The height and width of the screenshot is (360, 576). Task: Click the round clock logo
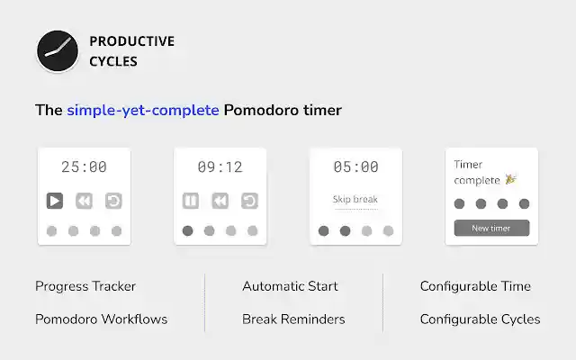(58, 51)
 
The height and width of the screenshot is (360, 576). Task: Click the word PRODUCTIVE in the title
(131, 41)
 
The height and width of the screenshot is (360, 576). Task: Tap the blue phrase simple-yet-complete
(143, 111)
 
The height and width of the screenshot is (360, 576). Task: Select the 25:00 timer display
(84, 166)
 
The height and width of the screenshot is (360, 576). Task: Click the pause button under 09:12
(191, 201)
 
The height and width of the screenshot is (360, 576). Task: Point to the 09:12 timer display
(220, 166)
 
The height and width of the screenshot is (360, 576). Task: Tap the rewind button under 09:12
(220, 201)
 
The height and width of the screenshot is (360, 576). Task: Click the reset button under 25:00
(113, 201)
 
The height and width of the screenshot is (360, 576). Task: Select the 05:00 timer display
(356, 166)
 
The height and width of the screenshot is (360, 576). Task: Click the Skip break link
(355, 199)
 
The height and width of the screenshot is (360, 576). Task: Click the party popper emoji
(510, 180)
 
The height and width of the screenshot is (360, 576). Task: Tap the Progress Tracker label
(85, 286)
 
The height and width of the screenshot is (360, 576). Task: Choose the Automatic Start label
(290, 286)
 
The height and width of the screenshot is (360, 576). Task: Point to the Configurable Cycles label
(480, 319)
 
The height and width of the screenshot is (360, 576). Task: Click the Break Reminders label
(293, 319)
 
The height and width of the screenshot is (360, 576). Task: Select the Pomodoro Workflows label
(101, 319)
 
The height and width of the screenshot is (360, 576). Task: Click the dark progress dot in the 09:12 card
(188, 231)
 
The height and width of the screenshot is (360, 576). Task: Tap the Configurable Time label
(475, 286)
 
